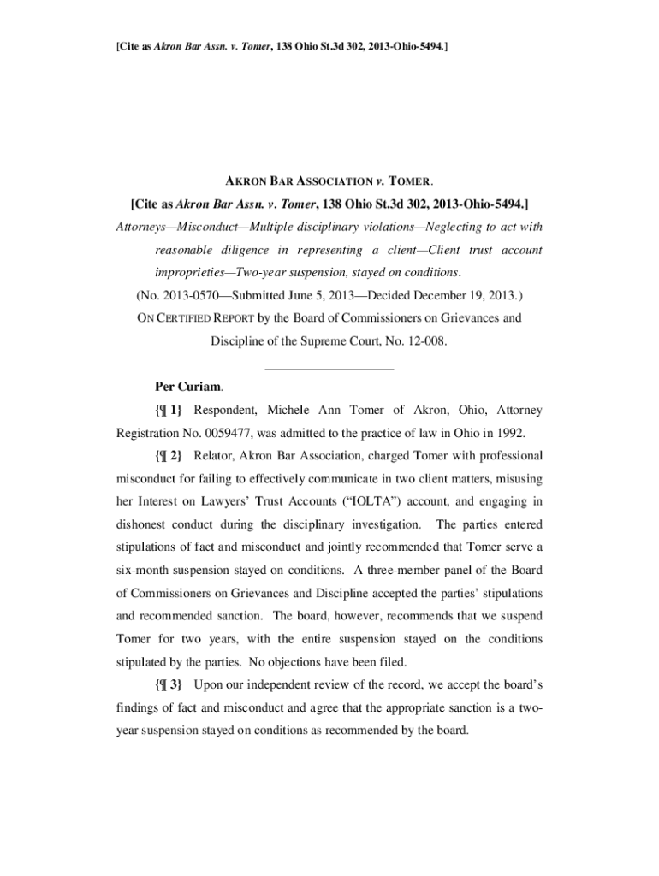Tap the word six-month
click(x=148, y=570)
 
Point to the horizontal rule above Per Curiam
click(x=329, y=368)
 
